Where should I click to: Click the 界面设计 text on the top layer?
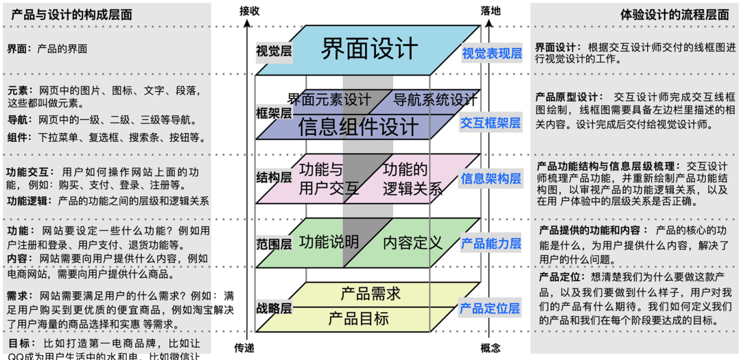tap(370, 49)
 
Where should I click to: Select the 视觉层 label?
tap(274, 51)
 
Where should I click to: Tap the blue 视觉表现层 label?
tap(491, 53)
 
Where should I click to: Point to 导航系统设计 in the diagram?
tap(435, 99)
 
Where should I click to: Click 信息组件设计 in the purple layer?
tap(357, 127)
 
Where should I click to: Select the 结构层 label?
tap(274, 178)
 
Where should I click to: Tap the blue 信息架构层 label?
tap(491, 178)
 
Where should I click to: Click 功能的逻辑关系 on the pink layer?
tap(410, 179)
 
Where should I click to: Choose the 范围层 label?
tap(274, 243)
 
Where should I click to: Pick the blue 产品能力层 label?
tap(491, 243)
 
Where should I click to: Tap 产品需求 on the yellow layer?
tap(370, 293)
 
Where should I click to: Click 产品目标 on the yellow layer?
tap(358, 317)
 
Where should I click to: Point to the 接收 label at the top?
tap(250, 10)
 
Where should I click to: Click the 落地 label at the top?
tap(491, 10)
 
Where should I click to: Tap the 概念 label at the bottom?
tap(491, 347)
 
